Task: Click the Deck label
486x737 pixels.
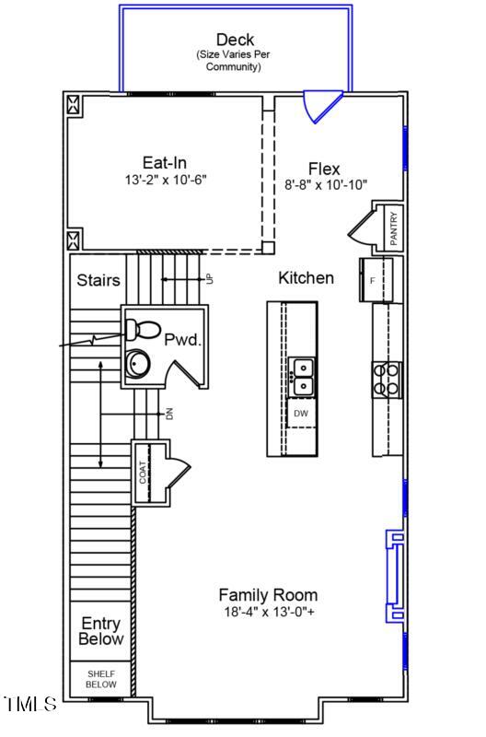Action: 235,40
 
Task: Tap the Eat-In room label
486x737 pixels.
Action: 165,163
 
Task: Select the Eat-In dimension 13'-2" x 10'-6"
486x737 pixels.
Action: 165,180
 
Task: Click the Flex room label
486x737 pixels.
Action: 324,169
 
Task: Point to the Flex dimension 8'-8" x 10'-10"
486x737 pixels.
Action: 326,185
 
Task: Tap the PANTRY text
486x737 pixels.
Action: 393,229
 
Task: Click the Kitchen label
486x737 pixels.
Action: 306,277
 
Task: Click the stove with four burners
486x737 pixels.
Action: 387,378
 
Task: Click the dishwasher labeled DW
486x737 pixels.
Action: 301,414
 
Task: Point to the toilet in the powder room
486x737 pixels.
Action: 144,328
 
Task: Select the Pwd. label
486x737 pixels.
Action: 182,340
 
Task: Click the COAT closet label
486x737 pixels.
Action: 143,472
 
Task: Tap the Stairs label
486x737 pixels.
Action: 97,280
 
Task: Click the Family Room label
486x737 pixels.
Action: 268,595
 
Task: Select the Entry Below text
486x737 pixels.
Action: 100,631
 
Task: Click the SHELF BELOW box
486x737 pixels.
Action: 101,679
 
